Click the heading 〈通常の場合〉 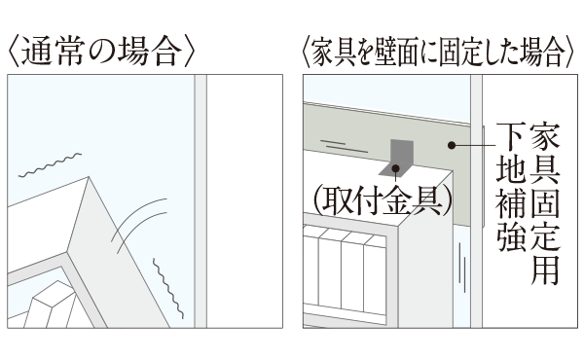click(101, 52)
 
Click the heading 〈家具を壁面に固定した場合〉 click(440, 52)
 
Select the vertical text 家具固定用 click(545, 204)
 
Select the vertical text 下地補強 click(512, 187)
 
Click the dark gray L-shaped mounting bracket click(397, 158)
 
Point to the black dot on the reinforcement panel click(452, 145)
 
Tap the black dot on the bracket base click(395, 168)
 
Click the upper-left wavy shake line click(50, 165)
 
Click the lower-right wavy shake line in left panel click(168, 288)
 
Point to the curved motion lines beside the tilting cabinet click(138, 225)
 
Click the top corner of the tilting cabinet click(89, 177)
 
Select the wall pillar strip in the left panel click(201, 201)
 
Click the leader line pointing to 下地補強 click(474, 145)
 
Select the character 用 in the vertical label click(545, 270)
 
